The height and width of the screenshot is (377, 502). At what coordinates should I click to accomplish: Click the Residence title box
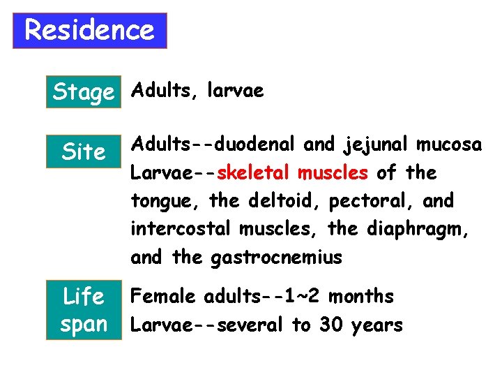(x=90, y=31)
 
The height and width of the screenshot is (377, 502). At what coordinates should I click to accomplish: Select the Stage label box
(x=83, y=91)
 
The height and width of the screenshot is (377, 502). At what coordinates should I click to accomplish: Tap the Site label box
(x=83, y=151)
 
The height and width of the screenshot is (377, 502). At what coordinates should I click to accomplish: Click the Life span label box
(x=83, y=310)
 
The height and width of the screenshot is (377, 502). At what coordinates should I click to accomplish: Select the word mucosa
(x=449, y=145)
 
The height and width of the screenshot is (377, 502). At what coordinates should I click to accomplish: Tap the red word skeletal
(x=257, y=172)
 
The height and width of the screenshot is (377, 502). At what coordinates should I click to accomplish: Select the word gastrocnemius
(x=276, y=258)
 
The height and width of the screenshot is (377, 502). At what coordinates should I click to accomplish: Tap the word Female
(x=164, y=297)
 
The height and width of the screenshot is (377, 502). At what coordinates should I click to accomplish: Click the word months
(x=360, y=297)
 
